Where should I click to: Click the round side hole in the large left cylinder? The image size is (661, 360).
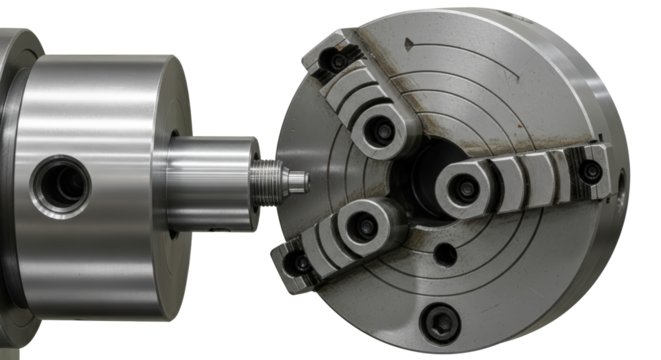click(61, 182)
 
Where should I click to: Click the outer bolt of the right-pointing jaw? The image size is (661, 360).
click(593, 172)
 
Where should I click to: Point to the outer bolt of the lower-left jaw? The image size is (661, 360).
click(301, 263)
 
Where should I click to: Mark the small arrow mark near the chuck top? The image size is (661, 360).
click(409, 44)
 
